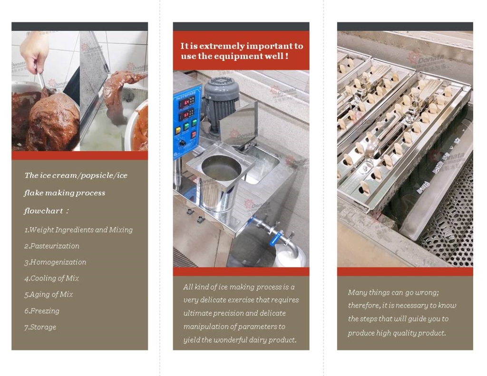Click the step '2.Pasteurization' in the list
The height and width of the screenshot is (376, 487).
(52, 246)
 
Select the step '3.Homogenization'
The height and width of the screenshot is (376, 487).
(55, 262)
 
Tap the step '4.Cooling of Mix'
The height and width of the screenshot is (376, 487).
(52, 278)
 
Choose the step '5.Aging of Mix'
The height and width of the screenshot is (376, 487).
(49, 294)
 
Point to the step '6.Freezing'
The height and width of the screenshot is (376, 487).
(42, 311)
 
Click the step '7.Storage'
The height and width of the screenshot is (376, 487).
(40, 327)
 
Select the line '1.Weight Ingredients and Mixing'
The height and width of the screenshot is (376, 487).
(78, 230)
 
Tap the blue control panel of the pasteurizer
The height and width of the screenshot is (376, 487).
(187, 119)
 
